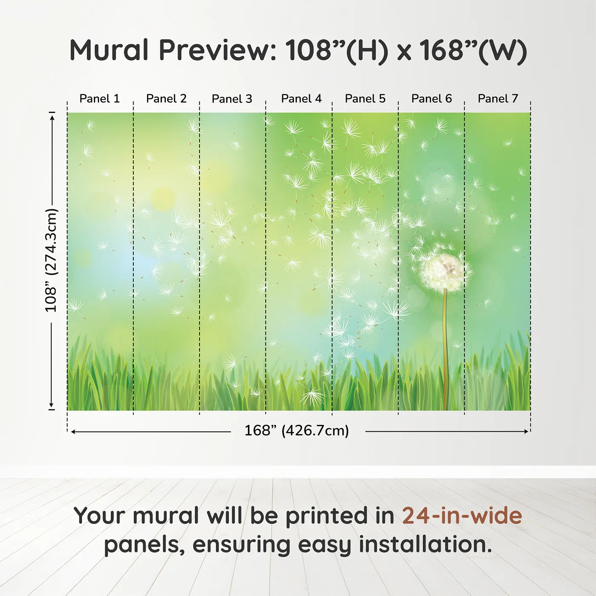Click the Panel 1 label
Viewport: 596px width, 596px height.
pos(100,99)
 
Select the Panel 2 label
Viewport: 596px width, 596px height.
pos(166,99)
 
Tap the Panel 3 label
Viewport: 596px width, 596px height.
pos(232,99)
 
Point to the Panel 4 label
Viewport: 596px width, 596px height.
pos(301,99)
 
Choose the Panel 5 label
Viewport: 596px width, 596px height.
pos(365,99)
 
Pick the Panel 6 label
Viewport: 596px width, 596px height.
pos(431,99)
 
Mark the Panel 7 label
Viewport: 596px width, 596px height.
pos(498,99)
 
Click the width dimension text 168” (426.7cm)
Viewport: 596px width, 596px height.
pos(297,431)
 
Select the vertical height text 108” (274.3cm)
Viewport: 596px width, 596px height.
pos(51,260)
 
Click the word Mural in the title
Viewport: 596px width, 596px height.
pos(109,50)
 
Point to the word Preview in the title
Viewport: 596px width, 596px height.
pos(218,50)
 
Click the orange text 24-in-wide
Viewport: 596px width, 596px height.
pos(462,516)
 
